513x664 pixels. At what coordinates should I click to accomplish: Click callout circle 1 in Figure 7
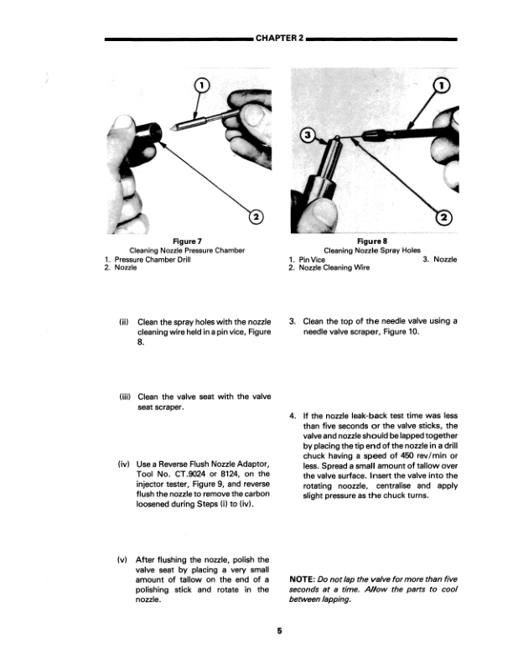click(201, 84)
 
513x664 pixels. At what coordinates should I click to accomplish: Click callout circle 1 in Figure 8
click(444, 85)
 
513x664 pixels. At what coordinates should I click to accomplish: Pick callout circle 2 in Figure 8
click(444, 218)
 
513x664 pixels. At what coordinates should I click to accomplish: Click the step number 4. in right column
click(291, 415)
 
